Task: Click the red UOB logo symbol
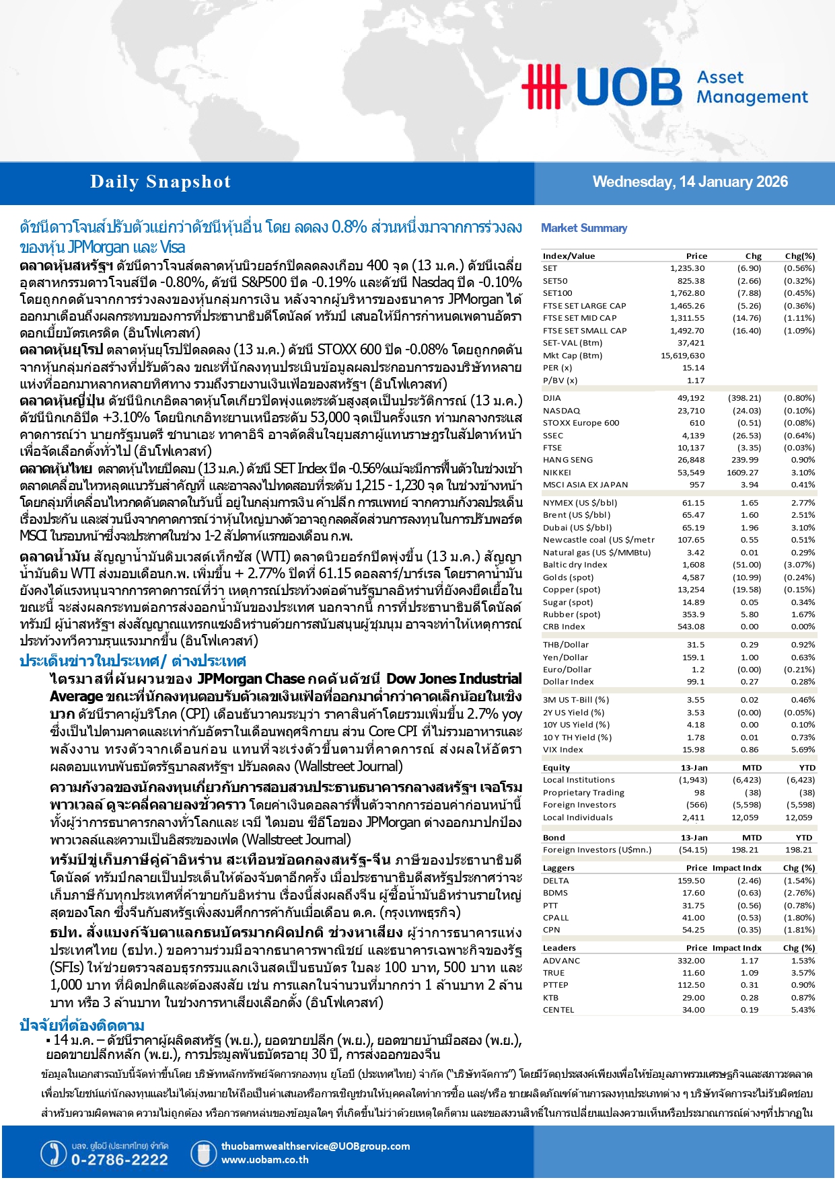543,86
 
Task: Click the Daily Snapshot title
160,182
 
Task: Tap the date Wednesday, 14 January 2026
690,182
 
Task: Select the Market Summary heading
584,228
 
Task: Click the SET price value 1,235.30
687,268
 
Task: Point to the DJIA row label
552,398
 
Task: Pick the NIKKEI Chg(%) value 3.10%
803,473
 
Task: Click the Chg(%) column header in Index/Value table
799,256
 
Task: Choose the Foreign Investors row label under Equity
579,805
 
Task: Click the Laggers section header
558,868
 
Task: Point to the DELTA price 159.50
691,881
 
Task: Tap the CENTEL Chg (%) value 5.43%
803,1010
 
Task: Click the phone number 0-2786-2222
119,1160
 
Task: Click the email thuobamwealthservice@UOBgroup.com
315,1146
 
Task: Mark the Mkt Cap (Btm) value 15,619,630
682,356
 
